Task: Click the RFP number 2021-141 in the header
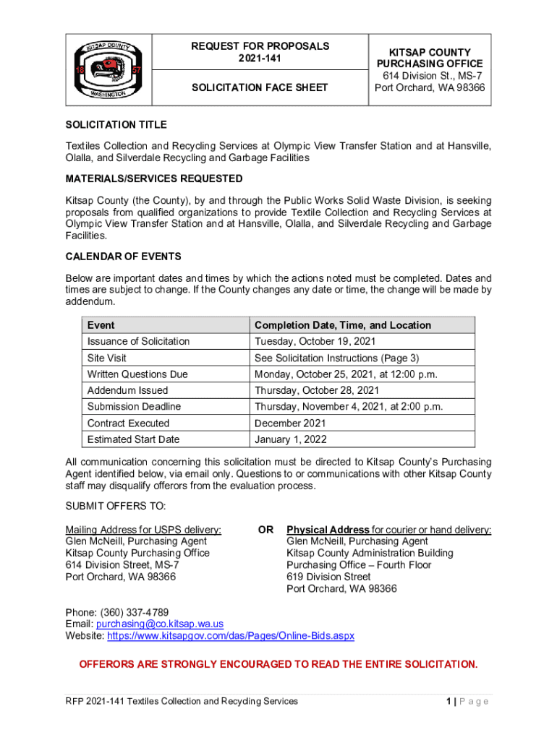(260, 59)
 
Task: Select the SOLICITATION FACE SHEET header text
(260, 87)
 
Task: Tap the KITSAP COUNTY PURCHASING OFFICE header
(430, 58)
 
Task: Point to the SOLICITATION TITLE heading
(116, 125)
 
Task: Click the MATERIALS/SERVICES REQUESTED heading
(154, 178)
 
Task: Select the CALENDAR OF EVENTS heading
(123, 257)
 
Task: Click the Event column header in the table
(101, 325)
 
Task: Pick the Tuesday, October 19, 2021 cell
(315, 341)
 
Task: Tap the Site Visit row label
(107, 358)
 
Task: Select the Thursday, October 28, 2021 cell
(317, 390)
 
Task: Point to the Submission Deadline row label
(134, 407)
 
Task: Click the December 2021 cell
(290, 423)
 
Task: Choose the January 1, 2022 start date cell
(291, 439)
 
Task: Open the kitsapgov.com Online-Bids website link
(231, 636)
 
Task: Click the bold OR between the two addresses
(266, 530)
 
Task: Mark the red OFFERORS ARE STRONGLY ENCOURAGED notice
(278, 664)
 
